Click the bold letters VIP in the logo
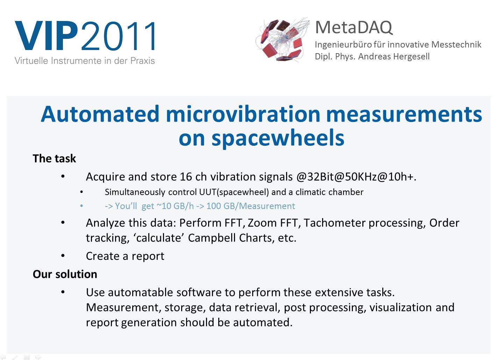pyautogui.click(x=47, y=36)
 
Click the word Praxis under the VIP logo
pyautogui.click(x=142, y=61)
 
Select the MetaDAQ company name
pyautogui.click(x=354, y=28)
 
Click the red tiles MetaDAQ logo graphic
pyautogui.click(x=282, y=39)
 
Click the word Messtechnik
pyautogui.click(x=456, y=44)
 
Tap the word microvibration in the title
pyautogui.click(x=243, y=114)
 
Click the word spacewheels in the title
pyautogui.click(x=278, y=138)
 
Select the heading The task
pyautogui.click(x=54, y=158)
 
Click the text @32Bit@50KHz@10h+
pyautogui.click(x=356, y=177)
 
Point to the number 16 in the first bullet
pyautogui.click(x=186, y=177)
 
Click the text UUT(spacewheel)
pyautogui.click(x=234, y=192)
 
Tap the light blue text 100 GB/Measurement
pyautogui.click(x=251, y=206)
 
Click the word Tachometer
pyautogui.click(x=334, y=223)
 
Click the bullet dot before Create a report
pyautogui.click(x=63, y=255)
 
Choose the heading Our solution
pyautogui.click(x=65, y=274)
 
